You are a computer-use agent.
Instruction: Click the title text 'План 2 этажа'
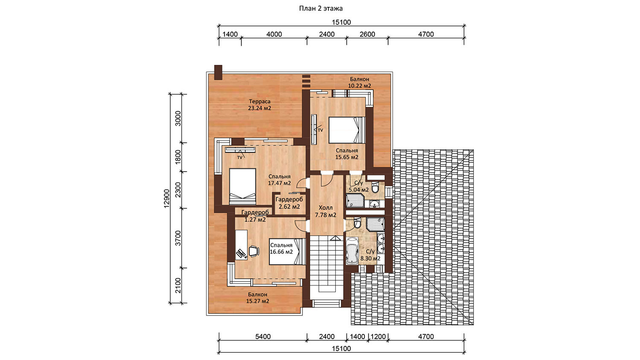[321, 9]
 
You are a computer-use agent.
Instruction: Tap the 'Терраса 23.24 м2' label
[259, 105]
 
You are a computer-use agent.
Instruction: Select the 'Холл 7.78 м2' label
[326, 211]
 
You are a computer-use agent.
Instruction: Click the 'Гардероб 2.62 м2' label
[289, 203]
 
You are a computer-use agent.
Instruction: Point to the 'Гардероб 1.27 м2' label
[255, 216]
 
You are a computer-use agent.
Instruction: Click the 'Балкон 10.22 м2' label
[359, 82]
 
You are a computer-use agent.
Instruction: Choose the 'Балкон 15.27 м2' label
[257, 297]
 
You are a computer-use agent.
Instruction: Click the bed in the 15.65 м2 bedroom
[347, 130]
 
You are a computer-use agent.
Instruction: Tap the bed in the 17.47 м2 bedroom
[243, 186]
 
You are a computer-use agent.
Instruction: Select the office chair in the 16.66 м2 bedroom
[254, 251]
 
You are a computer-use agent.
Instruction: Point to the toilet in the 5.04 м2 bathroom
[375, 187]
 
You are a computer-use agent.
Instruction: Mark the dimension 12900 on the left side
[167, 198]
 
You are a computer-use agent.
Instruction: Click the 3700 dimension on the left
[178, 238]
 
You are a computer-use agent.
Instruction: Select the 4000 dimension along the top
[274, 34]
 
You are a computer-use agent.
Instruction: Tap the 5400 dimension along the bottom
[263, 337]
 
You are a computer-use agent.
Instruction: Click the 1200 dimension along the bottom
[378, 337]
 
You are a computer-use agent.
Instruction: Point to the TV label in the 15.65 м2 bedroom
[320, 130]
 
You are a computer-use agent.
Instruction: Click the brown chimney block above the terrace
[218, 73]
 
